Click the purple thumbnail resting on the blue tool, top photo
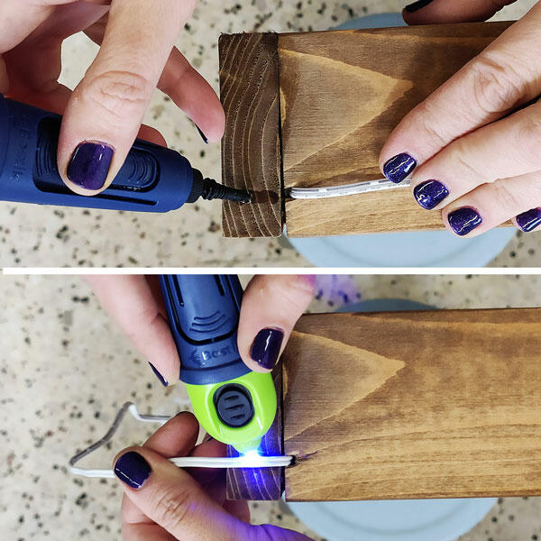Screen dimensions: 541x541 (x=90, y=164)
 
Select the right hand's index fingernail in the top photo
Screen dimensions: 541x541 (x=399, y=167)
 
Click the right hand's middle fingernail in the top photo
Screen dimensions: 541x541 (x=431, y=193)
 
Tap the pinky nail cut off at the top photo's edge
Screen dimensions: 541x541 (x=528, y=219)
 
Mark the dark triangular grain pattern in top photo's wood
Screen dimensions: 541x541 (x=334, y=99)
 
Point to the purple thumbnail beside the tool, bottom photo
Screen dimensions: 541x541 (x=267, y=347)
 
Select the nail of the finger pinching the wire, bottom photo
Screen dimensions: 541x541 (x=133, y=470)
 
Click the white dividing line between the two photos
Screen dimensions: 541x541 (x=270, y=269)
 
